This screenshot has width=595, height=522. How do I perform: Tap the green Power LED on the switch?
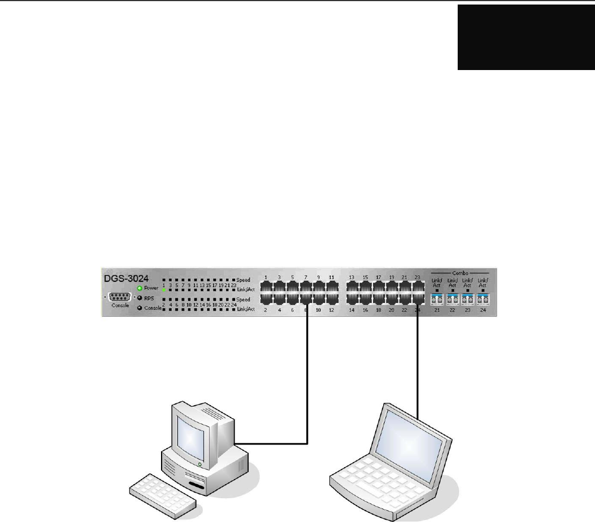click(x=139, y=288)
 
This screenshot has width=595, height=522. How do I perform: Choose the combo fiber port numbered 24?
click(x=483, y=298)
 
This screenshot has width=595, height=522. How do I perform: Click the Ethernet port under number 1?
click(x=266, y=286)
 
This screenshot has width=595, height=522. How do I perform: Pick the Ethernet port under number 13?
click(x=352, y=286)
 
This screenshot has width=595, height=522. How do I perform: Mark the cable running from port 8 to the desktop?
click(x=306, y=384)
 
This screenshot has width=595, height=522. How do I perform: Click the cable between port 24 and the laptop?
click(x=417, y=362)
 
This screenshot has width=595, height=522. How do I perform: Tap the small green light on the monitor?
click(x=199, y=464)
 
